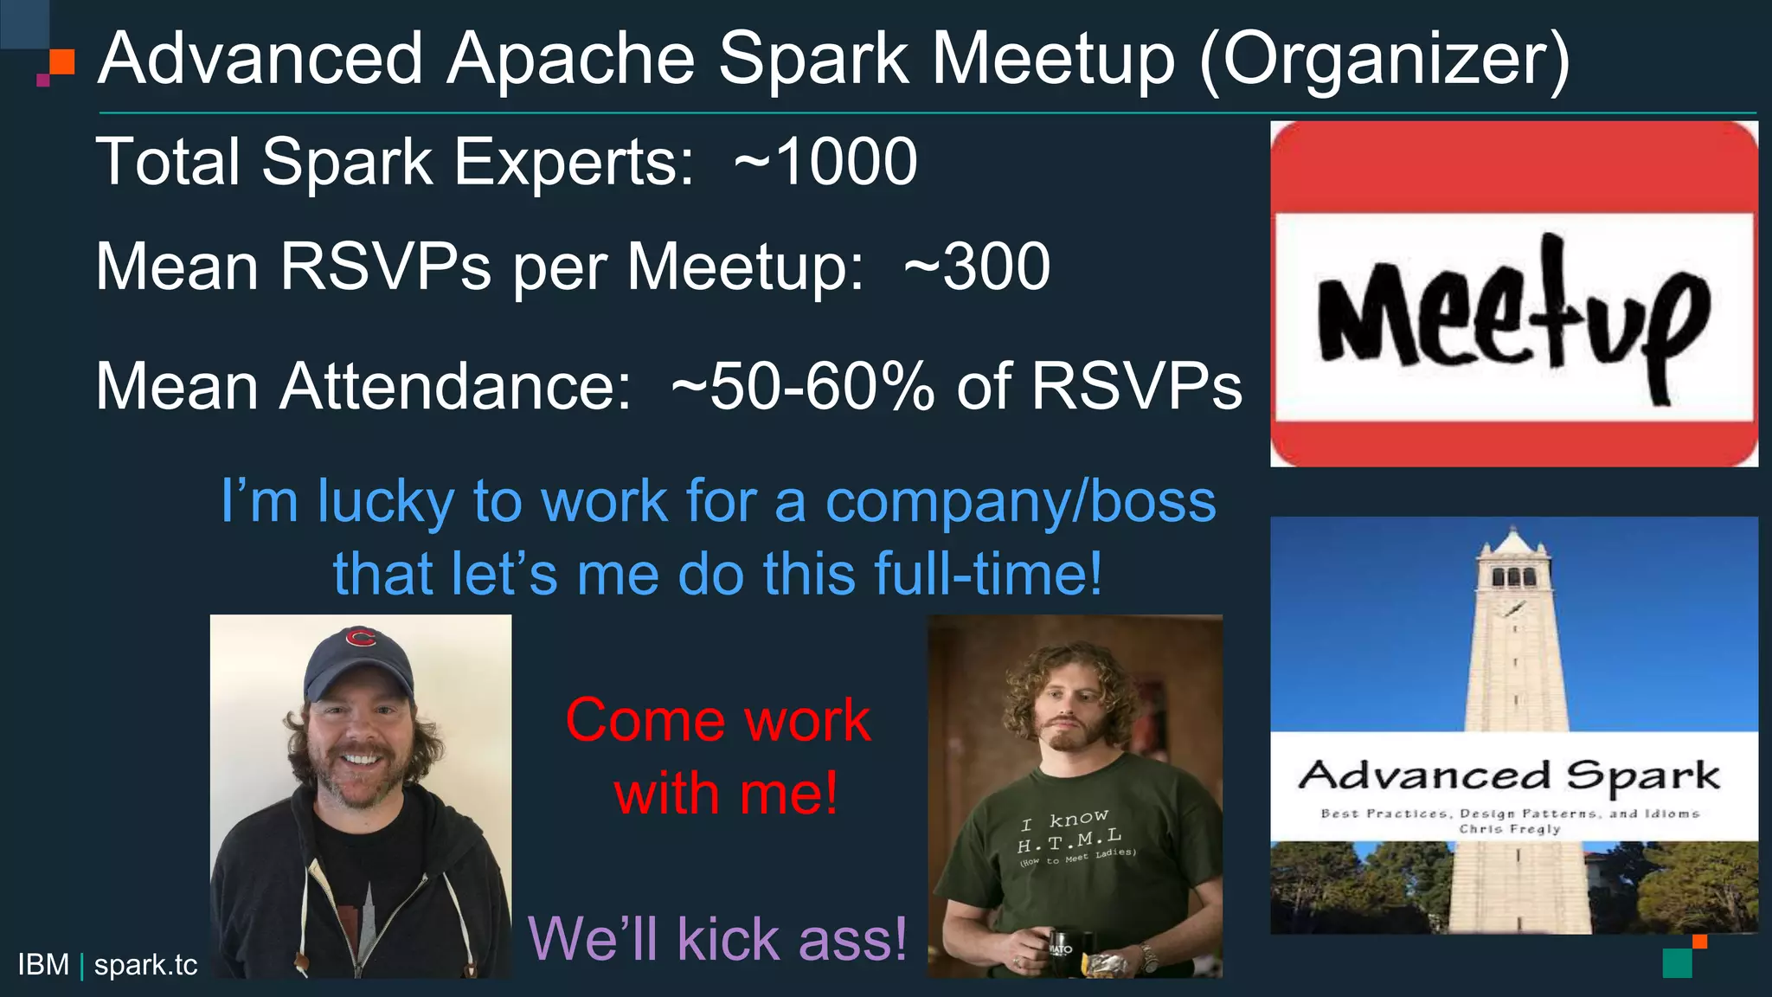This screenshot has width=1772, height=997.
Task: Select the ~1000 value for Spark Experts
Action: click(825, 162)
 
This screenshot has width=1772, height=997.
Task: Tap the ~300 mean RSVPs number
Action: click(977, 267)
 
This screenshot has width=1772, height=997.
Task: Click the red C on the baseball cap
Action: click(360, 639)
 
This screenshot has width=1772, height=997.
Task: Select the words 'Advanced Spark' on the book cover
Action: click(1509, 775)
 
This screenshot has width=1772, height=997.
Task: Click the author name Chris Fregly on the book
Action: click(1510, 829)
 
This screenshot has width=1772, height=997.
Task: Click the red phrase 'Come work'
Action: click(717, 720)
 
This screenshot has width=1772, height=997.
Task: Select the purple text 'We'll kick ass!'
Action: click(717, 939)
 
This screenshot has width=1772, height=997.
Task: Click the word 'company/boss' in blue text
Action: click(1020, 501)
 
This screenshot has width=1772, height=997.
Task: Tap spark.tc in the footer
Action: click(145, 965)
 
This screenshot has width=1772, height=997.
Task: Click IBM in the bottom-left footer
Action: click(43, 965)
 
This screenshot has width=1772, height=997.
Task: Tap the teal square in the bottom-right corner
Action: click(1677, 963)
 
